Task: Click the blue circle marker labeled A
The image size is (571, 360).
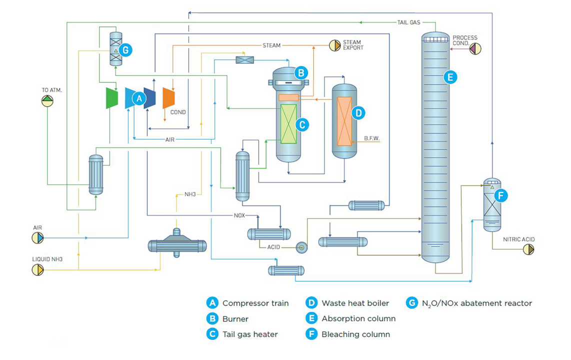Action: click(x=138, y=99)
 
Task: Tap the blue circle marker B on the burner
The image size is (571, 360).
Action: click(x=300, y=73)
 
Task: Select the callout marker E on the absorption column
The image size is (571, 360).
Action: click(x=450, y=77)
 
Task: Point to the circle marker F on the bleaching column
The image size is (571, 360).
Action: click(x=500, y=195)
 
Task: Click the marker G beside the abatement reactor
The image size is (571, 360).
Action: click(x=125, y=50)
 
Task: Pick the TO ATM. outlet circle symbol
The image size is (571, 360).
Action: click(x=47, y=101)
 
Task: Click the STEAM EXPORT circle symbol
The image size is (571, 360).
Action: click(x=334, y=45)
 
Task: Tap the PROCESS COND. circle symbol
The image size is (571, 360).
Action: click(x=475, y=48)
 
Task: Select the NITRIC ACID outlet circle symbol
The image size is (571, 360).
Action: click(x=528, y=249)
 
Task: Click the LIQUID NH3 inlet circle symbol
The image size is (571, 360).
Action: click(x=37, y=270)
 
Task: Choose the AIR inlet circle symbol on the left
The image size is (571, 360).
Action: click(x=37, y=238)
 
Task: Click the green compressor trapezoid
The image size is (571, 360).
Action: click(x=111, y=98)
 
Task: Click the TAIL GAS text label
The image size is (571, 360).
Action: click(x=408, y=22)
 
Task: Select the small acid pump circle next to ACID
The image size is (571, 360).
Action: click(x=301, y=247)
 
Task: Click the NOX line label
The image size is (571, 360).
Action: click(x=239, y=216)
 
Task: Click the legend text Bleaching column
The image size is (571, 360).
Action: click(x=355, y=334)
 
